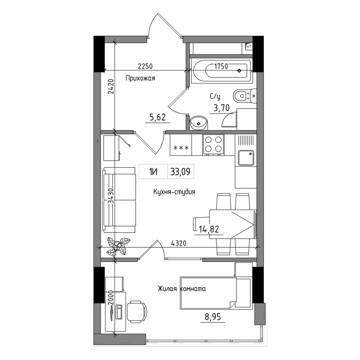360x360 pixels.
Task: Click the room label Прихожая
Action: point(140,78)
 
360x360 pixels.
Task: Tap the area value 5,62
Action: point(158,117)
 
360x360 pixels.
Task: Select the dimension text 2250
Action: point(145,66)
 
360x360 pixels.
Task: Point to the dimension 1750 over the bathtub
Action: point(221,66)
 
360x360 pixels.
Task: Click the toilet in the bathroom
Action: point(245,96)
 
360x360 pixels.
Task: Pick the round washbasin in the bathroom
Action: point(199,123)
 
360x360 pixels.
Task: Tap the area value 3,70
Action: point(221,108)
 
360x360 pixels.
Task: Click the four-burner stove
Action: point(213,145)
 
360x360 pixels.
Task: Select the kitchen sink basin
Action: point(246,158)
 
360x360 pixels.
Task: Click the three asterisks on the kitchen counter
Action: point(181,148)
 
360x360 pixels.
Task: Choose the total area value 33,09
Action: point(180,171)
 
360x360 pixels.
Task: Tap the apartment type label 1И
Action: point(153,171)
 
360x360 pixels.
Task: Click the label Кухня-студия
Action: point(174,192)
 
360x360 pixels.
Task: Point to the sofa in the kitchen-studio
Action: point(119,200)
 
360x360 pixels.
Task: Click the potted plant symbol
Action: point(118,246)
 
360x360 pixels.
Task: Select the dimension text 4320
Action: point(179,243)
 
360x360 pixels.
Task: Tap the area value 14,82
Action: point(209,229)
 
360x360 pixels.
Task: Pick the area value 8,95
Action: point(213,317)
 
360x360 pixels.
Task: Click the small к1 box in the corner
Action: point(249,46)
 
